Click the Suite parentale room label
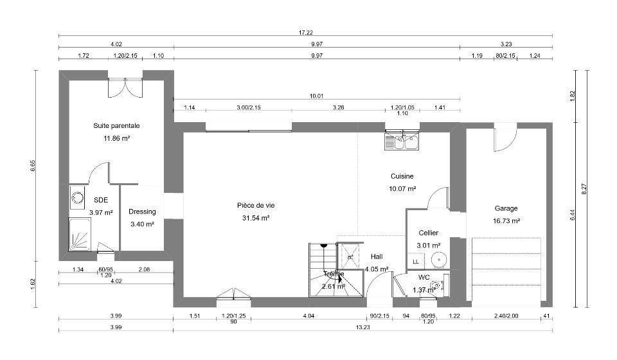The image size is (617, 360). point(116,126)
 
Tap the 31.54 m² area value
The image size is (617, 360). point(256,218)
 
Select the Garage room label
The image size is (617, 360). point(506,208)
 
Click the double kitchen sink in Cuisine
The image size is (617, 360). point(402,140)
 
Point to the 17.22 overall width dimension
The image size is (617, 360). point(306,33)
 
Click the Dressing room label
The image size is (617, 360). point(142,212)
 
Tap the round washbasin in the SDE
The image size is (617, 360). point(77,197)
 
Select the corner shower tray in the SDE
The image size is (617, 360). point(80,234)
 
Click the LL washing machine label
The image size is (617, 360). point(416,262)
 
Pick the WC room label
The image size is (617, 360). point(424,277)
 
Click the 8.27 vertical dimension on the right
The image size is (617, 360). point(584,189)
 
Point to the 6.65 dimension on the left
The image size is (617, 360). point(33,165)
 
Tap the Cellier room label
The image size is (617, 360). point(429,233)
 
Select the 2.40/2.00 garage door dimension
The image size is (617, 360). point(506,316)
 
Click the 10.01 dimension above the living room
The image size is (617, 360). point(316,96)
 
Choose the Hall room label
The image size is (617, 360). point(377,256)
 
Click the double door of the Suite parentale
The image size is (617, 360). point(125,87)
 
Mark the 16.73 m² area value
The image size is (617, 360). point(506,221)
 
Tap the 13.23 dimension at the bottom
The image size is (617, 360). point(362,327)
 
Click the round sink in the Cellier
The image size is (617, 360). point(438,260)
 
